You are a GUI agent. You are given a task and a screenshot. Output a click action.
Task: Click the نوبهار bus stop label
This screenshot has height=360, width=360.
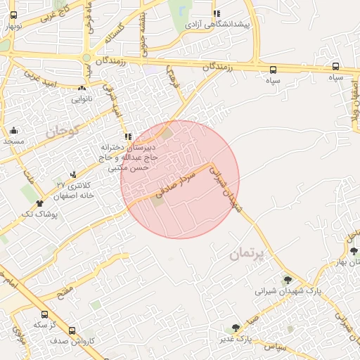point(13,26)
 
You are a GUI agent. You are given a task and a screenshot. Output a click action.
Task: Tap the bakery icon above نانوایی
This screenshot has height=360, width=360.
point(82,89)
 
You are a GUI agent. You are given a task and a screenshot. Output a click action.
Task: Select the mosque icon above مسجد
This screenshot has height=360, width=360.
point(14,131)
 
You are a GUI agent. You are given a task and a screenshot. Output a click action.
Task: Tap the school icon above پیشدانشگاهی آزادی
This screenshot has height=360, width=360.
point(217,13)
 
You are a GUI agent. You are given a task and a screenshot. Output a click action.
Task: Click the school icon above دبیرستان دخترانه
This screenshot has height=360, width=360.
point(127,136)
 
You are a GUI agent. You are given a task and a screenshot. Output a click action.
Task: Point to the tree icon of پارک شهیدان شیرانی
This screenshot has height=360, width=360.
point(287,280)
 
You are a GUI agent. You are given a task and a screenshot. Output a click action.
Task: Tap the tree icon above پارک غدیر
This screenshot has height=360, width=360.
point(236,327)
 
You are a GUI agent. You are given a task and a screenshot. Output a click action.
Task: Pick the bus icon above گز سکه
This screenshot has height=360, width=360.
point(44,314)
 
